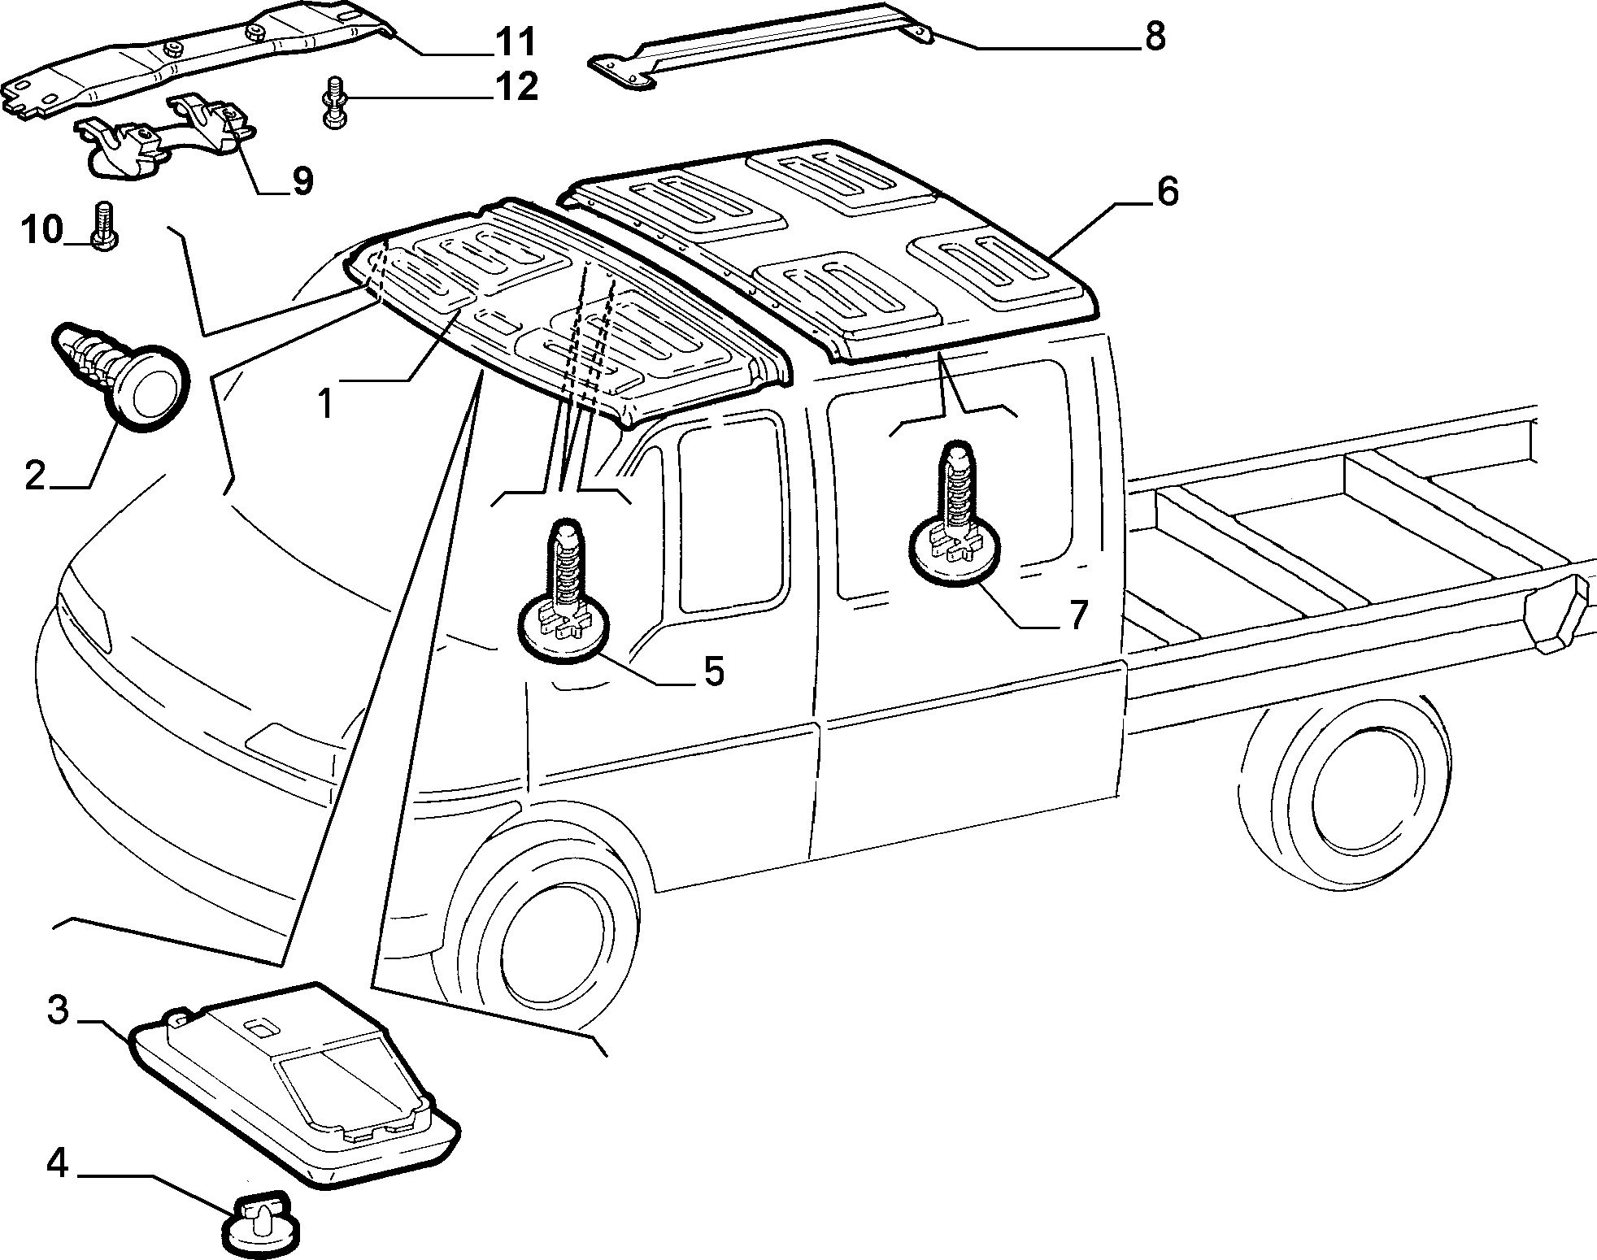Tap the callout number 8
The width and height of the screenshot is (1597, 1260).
1155,37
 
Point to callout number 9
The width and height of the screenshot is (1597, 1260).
302,180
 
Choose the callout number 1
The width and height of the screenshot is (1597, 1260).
325,404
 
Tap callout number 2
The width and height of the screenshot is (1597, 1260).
35,476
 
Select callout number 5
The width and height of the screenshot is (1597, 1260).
713,671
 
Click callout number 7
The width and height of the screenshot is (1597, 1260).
1077,615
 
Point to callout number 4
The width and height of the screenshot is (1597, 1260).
58,1165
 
